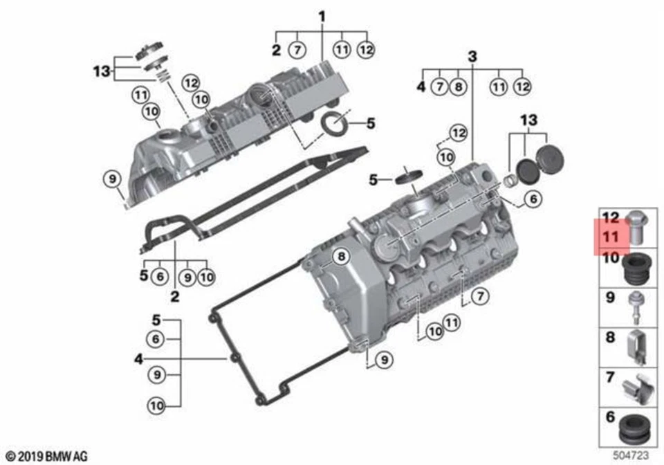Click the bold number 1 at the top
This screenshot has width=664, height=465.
pyautogui.click(x=322, y=15)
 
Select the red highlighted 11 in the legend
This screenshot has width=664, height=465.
pyautogui.click(x=611, y=237)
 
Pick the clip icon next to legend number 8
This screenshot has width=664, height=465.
pyautogui.click(x=638, y=345)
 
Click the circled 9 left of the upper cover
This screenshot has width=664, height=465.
pyautogui.click(x=111, y=179)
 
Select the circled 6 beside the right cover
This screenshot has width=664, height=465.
pyautogui.click(x=531, y=199)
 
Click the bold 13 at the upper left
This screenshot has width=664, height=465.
pyautogui.click(x=102, y=71)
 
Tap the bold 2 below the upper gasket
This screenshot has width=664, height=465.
pyautogui.click(x=175, y=298)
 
